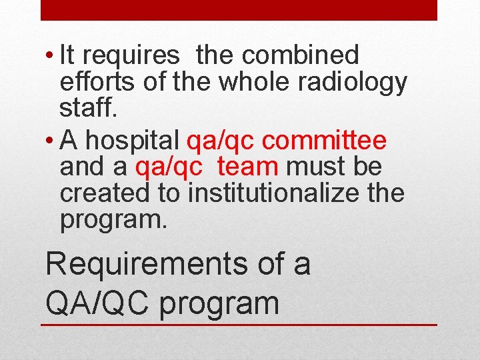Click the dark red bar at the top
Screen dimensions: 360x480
(x=239, y=10)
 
